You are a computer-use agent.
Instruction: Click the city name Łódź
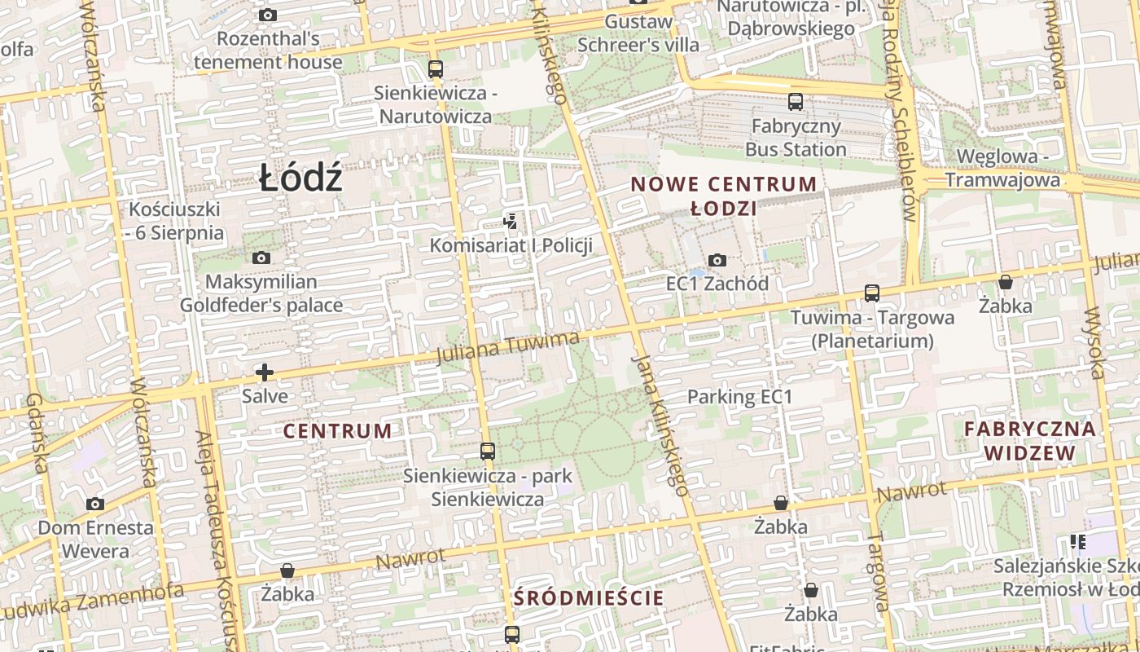click(300, 178)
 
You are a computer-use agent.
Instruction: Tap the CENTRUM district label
click(338, 431)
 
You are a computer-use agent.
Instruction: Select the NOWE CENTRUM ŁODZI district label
click(723, 196)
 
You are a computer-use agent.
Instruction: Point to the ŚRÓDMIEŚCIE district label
click(589, 598)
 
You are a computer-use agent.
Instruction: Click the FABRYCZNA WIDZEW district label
click(1029, 440)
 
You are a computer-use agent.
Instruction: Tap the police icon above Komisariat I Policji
click(511, 221)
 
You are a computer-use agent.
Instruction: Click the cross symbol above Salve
click(265, 372)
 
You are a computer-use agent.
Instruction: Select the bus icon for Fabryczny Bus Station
click(796, 102)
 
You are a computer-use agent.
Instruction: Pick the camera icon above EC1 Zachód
click(717, 260)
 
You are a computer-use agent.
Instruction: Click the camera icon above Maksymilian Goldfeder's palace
click(261, 258)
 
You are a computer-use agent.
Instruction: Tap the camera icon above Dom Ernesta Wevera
click(95, 504)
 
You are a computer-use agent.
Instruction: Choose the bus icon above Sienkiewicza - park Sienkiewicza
click(488, 451)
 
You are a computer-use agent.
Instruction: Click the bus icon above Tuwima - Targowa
click(872, 293)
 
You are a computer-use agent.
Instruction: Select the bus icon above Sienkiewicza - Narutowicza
click(436, 68)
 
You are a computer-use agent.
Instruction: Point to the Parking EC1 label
click(740, 397)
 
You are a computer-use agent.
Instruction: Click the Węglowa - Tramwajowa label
click(1009, 168)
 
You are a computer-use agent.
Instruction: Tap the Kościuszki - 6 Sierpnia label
click(175, 221)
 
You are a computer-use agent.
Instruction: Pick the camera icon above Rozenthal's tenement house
click(267, 15)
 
